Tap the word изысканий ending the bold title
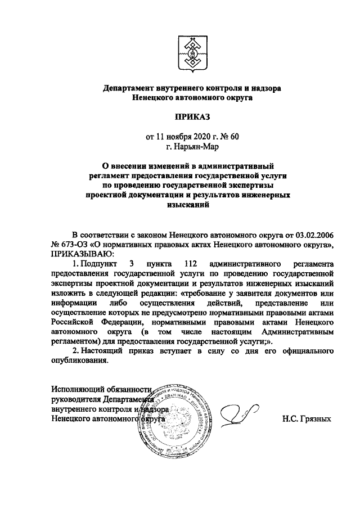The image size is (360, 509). [x=188, y=206]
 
